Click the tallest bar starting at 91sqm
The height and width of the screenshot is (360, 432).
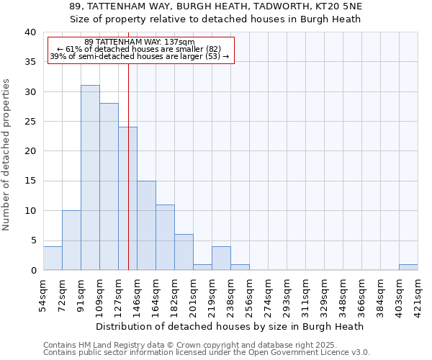90,178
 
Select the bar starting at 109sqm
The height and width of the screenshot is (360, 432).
109,186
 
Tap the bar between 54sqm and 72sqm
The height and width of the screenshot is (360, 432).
53,258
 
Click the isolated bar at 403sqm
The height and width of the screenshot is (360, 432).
408,267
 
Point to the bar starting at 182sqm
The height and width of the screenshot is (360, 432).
184,252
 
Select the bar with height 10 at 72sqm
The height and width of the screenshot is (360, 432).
71,240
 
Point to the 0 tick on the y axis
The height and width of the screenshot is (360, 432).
33,271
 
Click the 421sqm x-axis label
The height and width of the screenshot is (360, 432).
418,296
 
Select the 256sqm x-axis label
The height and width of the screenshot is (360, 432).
249,296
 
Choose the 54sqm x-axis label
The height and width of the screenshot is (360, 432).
43,294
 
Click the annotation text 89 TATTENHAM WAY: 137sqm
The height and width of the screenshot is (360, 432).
140,42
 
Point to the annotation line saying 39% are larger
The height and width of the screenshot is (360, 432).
140,56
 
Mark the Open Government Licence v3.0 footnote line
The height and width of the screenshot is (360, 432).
207,353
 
